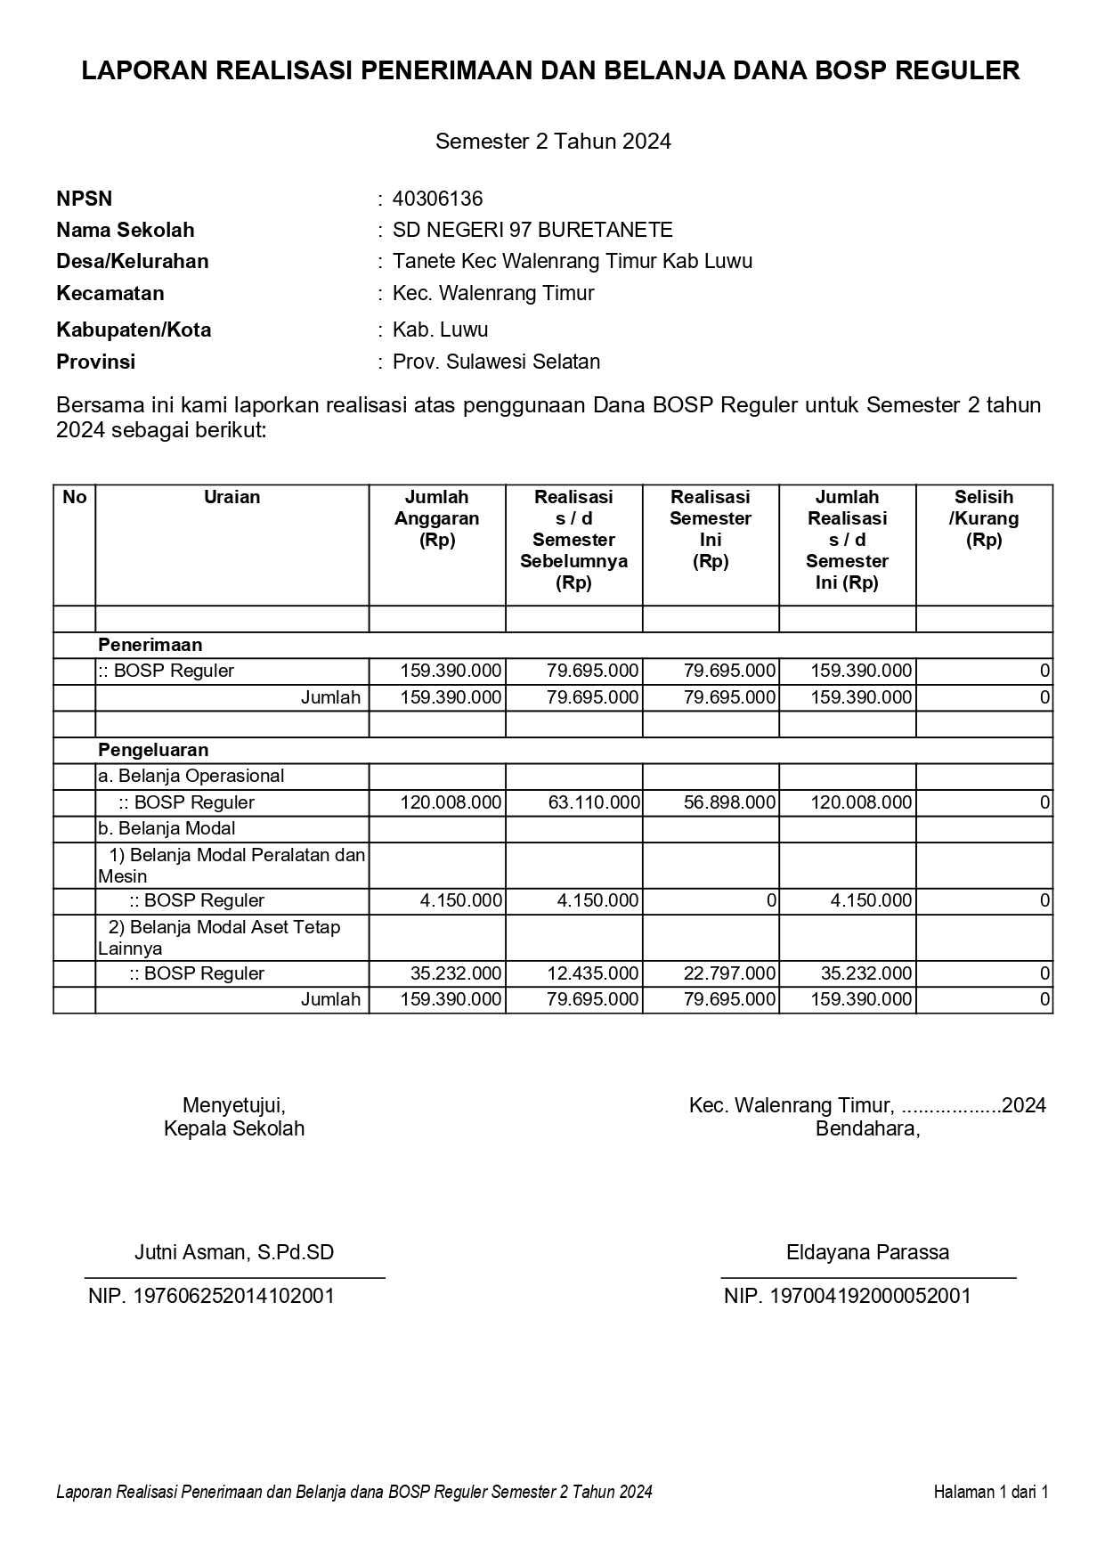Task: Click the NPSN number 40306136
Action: (437, 199)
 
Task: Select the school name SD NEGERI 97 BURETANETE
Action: (532, 230)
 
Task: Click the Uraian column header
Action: (232, 497)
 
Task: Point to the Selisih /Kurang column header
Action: (984, 518)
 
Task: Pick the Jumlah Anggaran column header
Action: (437, 518)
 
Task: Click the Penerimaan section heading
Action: (150, 645)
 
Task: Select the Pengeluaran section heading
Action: (153, 750)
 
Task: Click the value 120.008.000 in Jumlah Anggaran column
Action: (451, 802)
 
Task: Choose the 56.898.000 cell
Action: (729, 802)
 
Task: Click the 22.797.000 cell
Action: (729, 973)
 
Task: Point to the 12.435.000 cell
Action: (593, 973)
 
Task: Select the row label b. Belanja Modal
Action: (167, 828)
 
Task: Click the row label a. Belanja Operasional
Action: (191, 776)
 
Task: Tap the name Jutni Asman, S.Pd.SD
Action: (234, 1252)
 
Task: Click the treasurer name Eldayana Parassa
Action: (867, 1252)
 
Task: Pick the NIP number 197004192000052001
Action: (847, 1296)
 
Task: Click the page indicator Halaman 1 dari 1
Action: (991, 1492)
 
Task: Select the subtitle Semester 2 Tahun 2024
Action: (553, 141)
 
